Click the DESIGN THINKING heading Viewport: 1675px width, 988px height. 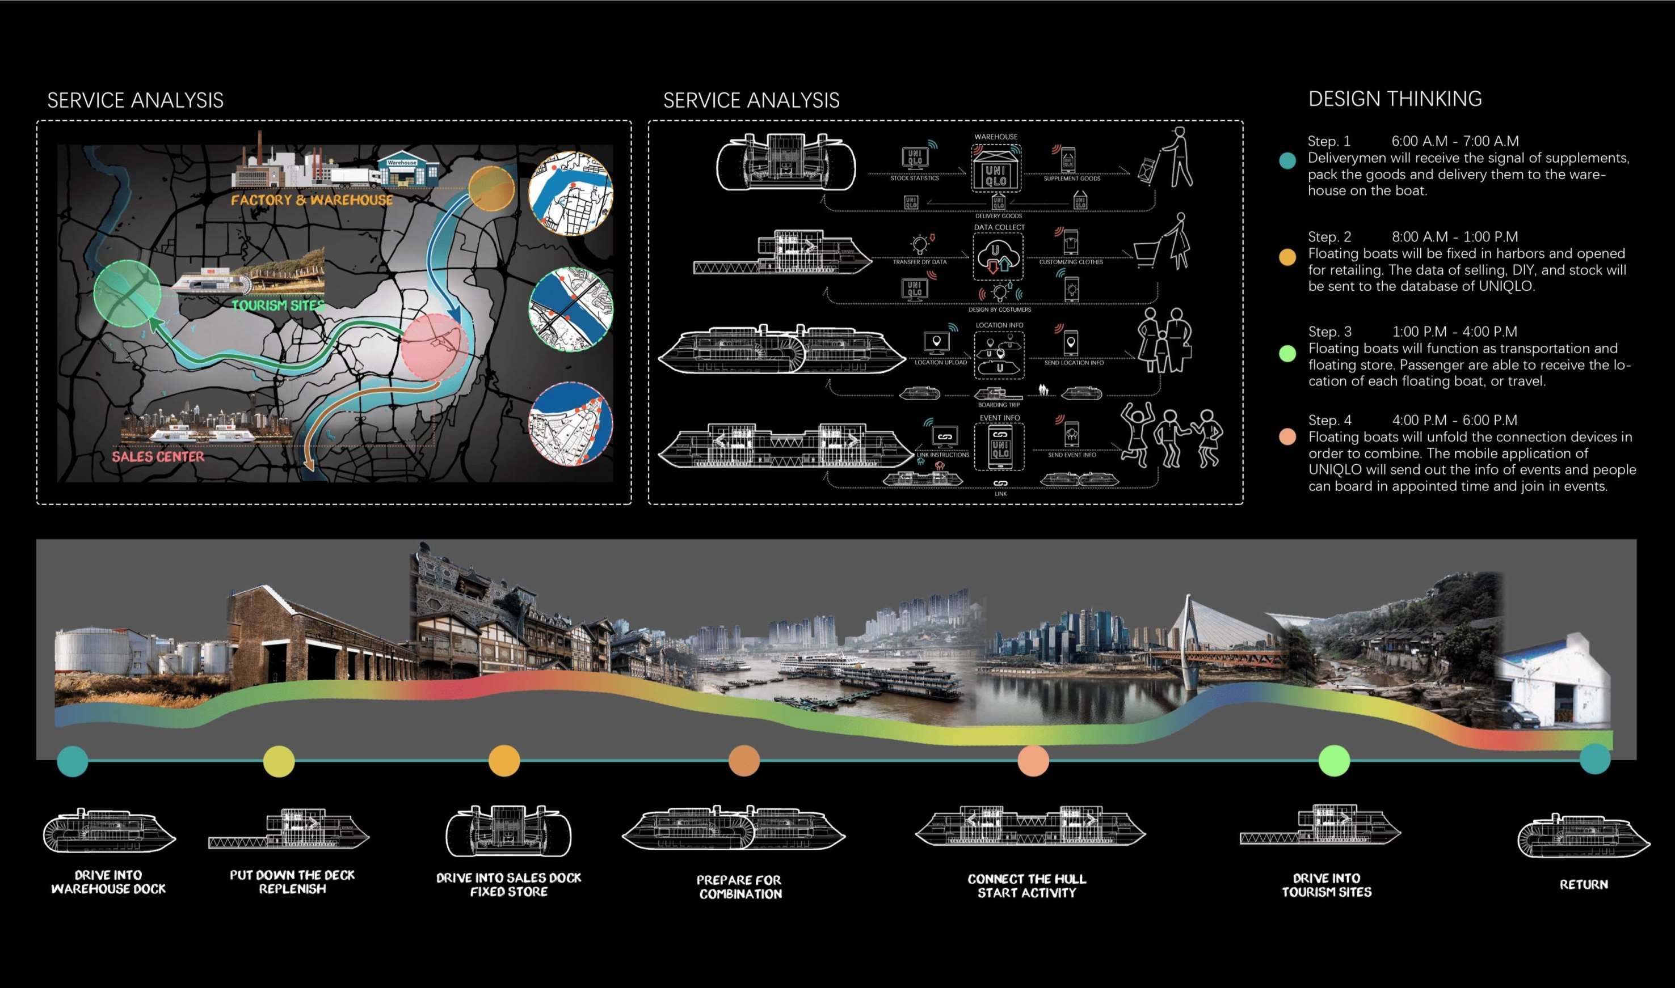coord(1395,99)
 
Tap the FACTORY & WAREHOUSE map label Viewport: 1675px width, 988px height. coord(312,200)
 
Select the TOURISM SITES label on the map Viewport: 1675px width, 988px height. coord(278,306)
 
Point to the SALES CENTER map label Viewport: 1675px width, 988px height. coord(158,457)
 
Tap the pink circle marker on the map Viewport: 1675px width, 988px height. coord(435,346)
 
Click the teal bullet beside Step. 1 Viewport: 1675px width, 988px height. coord(1287,160)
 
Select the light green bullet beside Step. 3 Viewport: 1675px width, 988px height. coord(1287,354)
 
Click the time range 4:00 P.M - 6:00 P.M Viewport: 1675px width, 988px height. coord(1454,420)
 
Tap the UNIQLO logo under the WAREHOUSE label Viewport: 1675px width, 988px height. coord(996,175)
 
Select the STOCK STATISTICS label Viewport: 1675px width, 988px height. coord(914,179)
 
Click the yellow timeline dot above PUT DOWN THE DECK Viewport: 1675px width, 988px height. coord(279,761)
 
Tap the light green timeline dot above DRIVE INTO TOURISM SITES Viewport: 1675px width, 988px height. coord(1334,761)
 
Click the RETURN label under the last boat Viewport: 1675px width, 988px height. coord(1583,885)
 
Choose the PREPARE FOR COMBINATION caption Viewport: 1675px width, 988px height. coord(740,887)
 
